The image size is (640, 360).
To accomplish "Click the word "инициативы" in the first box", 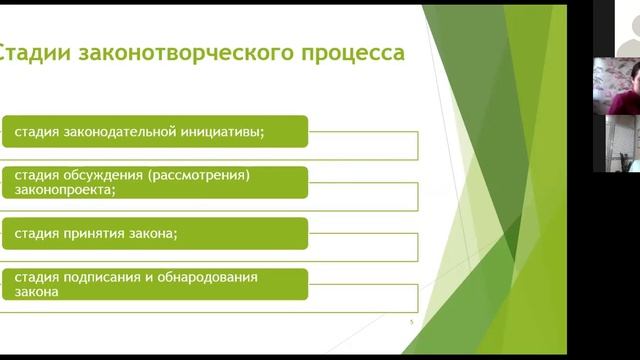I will [229, 131].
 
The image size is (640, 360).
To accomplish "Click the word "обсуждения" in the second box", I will [101, 175].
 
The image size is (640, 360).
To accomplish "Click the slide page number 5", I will [412, 323].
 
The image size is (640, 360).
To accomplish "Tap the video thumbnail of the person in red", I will [615, 85].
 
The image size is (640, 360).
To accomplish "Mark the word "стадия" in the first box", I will [35, 131].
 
